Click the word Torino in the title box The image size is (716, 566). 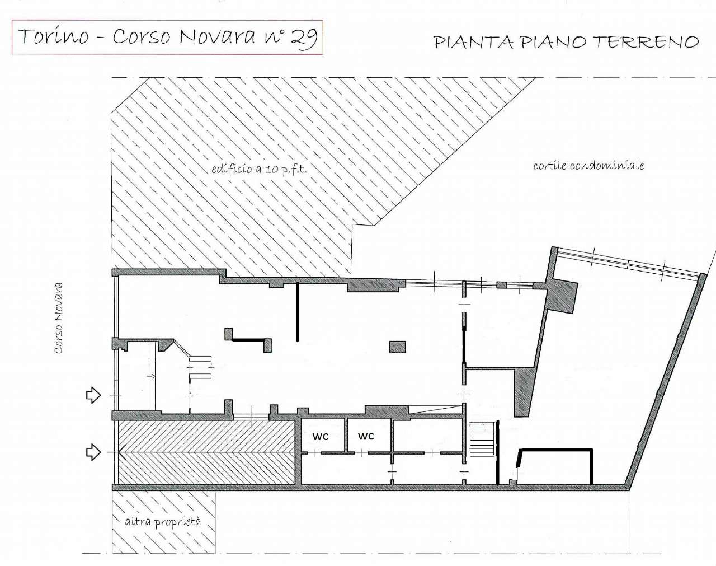[x=54, y=36]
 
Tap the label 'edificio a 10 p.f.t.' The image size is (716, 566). [x=258, y=169]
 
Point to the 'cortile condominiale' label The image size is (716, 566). [x=588, y=165]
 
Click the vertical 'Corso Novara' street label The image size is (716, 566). [x=58, y=317]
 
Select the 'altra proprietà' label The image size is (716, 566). [x=162, y=521]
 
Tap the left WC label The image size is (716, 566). [x=321, y=437]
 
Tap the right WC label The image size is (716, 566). [x=366, y=436]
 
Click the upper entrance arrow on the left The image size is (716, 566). [x=93, y=395]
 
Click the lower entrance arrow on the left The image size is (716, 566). [x=93, y=451]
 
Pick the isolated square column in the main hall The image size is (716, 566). [x=397, y=347]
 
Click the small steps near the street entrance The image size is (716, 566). [x=200, y=368]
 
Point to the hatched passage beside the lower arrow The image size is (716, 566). [x=206, y=452]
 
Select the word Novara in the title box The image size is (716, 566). [x=217, y=36]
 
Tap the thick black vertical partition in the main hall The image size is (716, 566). [x=298, y=311]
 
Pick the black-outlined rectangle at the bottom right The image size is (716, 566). [x=555, y=466]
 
